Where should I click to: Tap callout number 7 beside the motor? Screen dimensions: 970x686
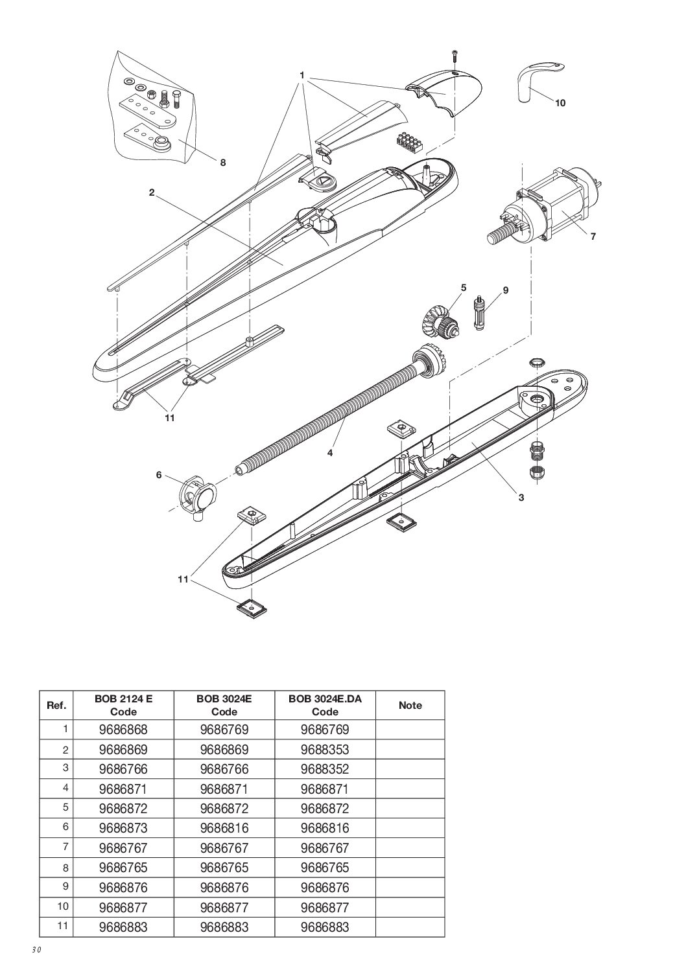coord(593,237)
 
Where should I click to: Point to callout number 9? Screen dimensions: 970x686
coord(506,290)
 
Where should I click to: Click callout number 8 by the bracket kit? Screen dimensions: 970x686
coord(223,163)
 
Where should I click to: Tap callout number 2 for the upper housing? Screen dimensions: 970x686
coord(151,192)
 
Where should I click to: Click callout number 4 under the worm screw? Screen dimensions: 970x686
coord(330,453)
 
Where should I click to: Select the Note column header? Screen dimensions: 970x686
coord(410,705)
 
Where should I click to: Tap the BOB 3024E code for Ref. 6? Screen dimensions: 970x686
coord(224,828)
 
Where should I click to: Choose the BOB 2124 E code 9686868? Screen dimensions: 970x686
coord(123,730)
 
